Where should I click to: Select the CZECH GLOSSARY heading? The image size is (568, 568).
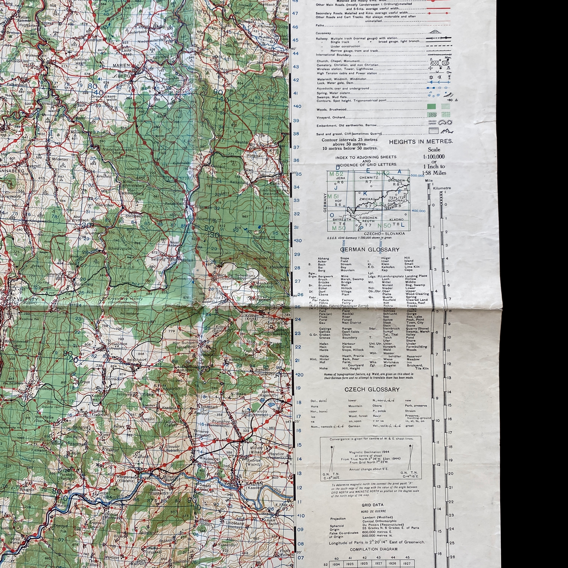point(372,390)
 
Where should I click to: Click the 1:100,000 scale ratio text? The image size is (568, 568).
point(434,157)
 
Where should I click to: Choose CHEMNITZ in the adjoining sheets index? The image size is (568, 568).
point(368,178)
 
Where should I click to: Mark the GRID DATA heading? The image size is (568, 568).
point(372,505)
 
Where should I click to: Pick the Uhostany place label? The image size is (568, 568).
point(235,523)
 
